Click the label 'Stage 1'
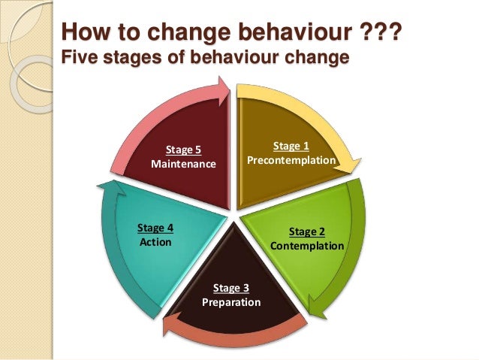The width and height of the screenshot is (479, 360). (291, 146)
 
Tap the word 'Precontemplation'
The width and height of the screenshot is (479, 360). (291, 161)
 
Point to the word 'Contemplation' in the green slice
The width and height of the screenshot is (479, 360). (307, 246)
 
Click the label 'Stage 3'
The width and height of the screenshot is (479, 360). (231, 288)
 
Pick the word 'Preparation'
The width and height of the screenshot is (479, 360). (231, 302)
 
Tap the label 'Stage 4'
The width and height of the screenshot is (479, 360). (155, 227)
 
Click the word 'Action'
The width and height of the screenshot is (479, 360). (155, 242)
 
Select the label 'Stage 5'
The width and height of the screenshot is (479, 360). (183, 149)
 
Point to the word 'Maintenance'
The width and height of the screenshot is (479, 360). (184, 163)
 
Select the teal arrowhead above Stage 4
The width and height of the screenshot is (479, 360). (110, 188)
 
